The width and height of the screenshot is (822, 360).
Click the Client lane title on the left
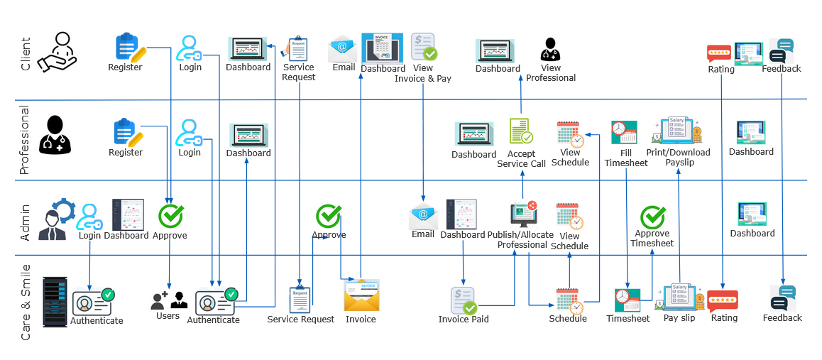point(26,54)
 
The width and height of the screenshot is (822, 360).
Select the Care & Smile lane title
point(26,302)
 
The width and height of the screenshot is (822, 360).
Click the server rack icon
point(55,302)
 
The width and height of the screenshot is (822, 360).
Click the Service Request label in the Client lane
point(299,72)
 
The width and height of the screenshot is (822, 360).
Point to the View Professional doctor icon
point(551,50)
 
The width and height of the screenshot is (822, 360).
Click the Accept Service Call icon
point(520,131)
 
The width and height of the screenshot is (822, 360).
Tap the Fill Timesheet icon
point(625,133)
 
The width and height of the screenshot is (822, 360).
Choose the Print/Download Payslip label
point(678,157)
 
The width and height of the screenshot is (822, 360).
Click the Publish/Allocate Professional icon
point(523,215)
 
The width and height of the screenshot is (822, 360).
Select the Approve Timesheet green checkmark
point(652,217)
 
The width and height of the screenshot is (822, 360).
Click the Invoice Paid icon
point(464,300)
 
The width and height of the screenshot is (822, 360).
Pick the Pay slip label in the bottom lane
point(679,318)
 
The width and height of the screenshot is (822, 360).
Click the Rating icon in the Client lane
point(719,54)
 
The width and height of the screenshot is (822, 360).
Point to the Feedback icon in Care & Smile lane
point(782,299)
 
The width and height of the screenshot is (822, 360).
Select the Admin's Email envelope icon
point(423,215)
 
